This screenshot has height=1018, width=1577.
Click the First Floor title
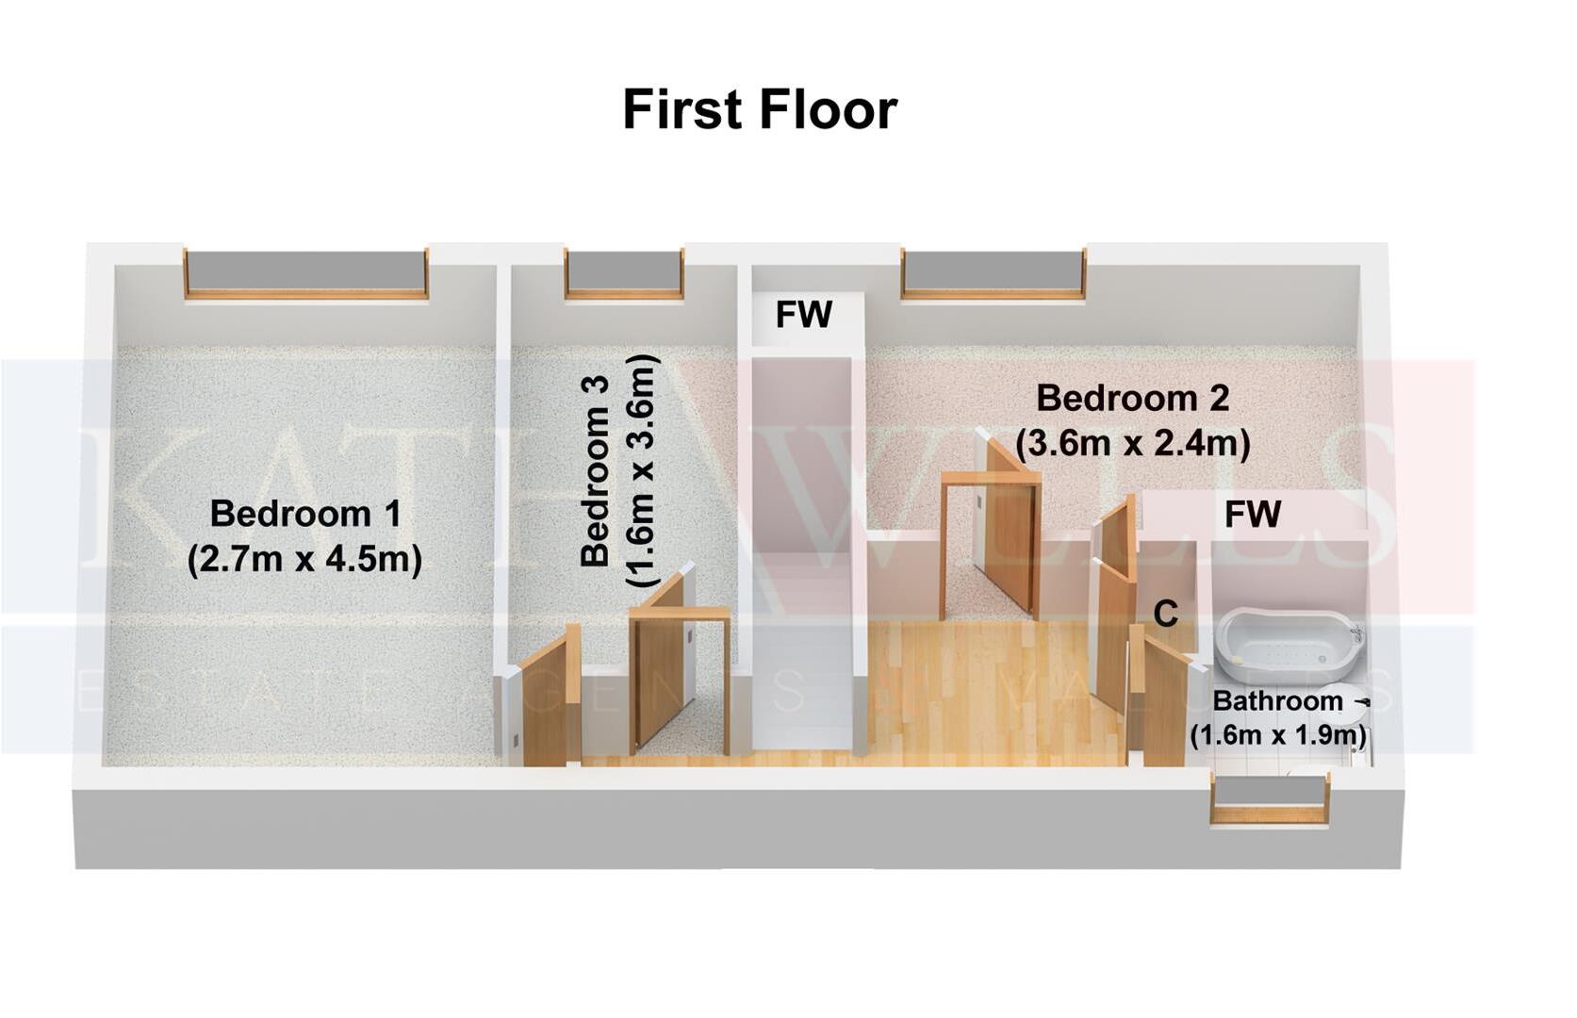point(759,110)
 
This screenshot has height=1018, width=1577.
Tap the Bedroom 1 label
point(304,514)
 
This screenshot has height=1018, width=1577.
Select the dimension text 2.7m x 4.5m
point(304,559)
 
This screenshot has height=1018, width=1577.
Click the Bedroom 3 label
point(595,470)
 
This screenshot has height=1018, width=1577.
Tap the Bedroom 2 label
point(1132,398)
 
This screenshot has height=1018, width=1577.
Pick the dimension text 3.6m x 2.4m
point(1132,442)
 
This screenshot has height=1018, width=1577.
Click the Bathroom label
point(1277,701)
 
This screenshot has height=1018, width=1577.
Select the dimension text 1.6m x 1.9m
point(1277,734)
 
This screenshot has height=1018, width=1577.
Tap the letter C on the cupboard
point(1166,614)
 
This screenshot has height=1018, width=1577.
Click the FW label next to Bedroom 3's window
point(804,315)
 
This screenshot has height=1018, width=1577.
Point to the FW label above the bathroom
point(1253,515)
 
